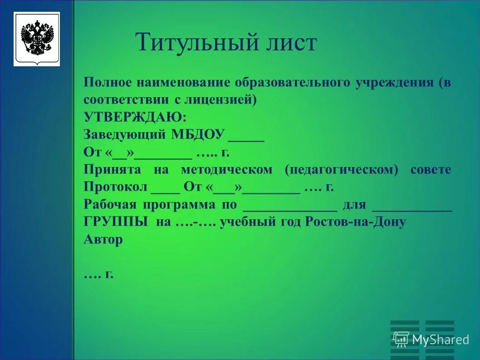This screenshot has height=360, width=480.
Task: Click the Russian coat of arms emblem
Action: pyautogui.click(x=37, y=39)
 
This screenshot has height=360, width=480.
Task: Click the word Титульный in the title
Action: pyautogui.click(x=192, y=43)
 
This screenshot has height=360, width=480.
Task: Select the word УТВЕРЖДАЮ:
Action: pyautogui.click(x=135, y=117)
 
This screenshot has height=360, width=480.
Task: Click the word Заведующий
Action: pyautogui.click(x=125, y=134)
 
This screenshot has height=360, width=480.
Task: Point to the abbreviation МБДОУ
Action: pyautogui.click(x=198, y=134)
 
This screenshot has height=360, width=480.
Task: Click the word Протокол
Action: pyautogui.click(x=115, y=187)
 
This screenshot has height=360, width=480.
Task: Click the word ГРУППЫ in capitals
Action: pyautogui.click(x=115, y=222)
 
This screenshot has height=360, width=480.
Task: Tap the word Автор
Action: pyautogui.click(x=103, y=239)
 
